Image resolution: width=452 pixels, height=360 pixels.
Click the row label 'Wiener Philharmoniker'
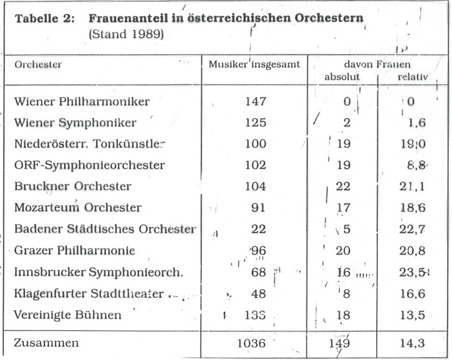coord(82,102)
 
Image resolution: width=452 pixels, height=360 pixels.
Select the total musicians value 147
coord(256,102)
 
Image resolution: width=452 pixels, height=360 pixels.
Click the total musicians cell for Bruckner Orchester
coord(256,186)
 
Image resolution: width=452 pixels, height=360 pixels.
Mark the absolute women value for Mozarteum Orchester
coord(343,207)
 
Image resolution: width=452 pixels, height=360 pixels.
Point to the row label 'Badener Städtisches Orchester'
coord(105,229)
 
